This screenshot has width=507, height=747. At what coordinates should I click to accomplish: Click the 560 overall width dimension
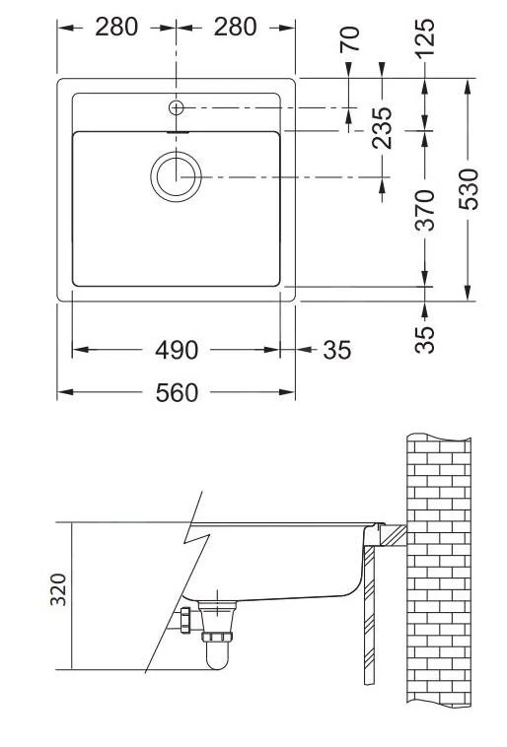coord(177,393)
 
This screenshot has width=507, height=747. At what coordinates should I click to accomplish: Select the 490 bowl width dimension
coord(177,350)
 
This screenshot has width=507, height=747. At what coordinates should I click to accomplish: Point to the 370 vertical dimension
coord(425,209)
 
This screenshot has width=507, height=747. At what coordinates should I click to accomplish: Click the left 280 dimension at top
coord(116,27)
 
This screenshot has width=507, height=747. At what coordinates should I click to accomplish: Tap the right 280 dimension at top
coord(236,27)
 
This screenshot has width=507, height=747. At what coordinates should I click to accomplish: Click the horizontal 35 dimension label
coord(336,350)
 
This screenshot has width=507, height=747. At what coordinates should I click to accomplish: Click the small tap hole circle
coord(177,106)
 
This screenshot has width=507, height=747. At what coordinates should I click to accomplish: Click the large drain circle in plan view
coord(176,176)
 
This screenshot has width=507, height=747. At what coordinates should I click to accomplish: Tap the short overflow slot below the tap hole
coord(177,129)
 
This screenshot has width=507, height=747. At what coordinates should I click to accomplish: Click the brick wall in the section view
coord(439,572)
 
